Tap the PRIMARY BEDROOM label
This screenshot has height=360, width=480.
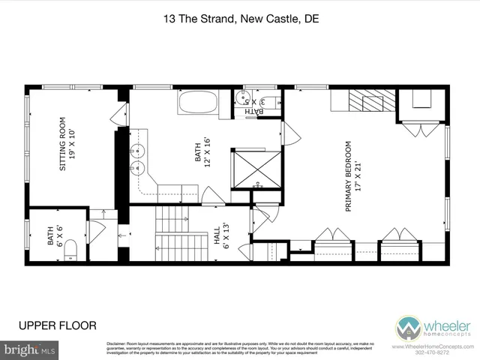click(x=353, y=177)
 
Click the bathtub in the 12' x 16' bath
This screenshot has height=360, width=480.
click(x=197, y=102)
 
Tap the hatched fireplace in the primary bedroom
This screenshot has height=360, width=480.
click(x=367, y=101)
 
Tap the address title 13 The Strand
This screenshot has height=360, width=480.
click(x=240, y=20)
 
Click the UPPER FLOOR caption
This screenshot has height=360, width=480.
click(x=57, y=325)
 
